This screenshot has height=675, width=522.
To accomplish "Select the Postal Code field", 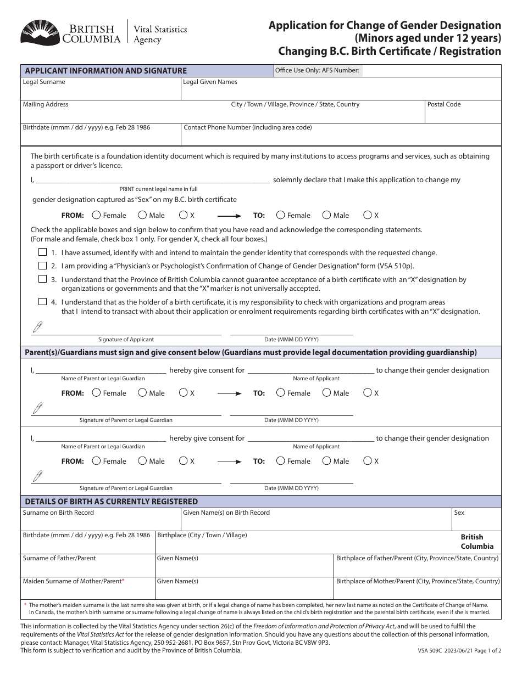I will (x=463, y=114).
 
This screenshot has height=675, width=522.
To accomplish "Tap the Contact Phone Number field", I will (x=341, y=137).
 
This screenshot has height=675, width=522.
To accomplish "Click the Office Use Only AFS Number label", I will (x=317, y=70).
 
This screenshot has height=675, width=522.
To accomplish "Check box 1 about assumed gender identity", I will (x=42, y=252).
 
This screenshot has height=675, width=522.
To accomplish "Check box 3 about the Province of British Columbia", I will (x=42, y=279).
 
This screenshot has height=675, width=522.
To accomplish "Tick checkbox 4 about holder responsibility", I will (x=42, y=302).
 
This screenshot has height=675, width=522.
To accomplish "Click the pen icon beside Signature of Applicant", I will (x=38, y=328).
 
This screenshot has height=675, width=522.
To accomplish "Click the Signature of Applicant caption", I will (x=126, y=340).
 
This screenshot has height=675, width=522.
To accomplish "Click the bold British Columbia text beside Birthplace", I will (x=476, y=542).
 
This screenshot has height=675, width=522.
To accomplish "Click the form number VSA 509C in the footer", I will (x=428, y=650).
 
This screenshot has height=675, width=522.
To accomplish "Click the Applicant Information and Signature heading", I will (x=106, y=71).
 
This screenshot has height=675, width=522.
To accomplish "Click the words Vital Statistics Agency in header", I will (x=161, y=35).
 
